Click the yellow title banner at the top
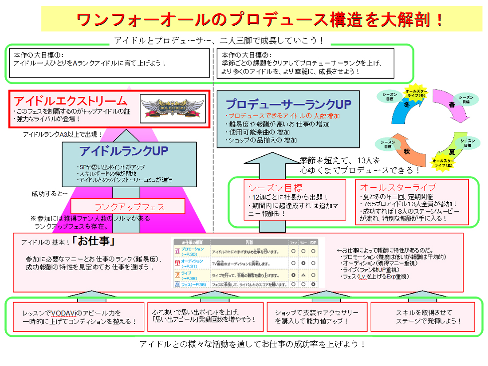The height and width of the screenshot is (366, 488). pos(261,19)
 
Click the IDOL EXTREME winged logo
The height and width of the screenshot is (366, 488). pos(171,108)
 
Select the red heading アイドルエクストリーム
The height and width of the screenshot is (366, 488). pos(71,100)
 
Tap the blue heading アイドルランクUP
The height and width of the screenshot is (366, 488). pos(124,151)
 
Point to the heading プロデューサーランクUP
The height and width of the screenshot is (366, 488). pos(288,104)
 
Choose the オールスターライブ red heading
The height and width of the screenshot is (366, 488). pos(397,187)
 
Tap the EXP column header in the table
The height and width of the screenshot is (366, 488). pos(313,242)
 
